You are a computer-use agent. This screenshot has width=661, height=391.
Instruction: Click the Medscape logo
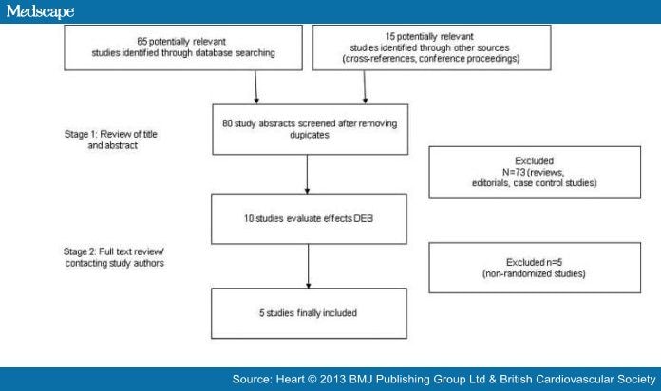click(x=41, y=11)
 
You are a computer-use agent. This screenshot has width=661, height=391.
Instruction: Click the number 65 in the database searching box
click(x=142, y=42)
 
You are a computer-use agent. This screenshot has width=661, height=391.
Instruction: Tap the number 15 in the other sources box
click(x=390, y=37)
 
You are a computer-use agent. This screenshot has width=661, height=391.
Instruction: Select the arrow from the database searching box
click(x=255, y=86)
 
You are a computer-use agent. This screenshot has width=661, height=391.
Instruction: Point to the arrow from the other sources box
click(x=365, y=86)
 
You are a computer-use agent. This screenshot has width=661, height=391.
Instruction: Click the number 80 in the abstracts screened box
click(x=227, y=123)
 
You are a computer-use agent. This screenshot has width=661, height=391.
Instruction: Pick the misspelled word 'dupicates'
click(x=309, y=136)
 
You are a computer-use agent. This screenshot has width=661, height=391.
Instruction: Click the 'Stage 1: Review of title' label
click(x=111, y=134)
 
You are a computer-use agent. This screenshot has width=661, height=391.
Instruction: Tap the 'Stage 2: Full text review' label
click(x=113, y=251)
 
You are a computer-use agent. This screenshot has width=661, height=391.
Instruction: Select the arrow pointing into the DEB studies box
click(x=307, y=174)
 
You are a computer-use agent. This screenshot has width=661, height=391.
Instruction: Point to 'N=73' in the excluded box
click(x=514, y=173)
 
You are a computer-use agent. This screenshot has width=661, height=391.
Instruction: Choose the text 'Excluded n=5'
click(x=534, y=262)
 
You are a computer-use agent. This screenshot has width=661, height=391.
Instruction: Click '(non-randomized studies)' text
click(x=534, y=274)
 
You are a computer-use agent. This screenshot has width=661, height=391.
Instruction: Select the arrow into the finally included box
click(x=308, y=267)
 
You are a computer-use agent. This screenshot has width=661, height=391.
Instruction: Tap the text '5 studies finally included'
click(x=308, y=313)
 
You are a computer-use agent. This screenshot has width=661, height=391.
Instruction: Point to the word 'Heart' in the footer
click(x=290, y=380)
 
